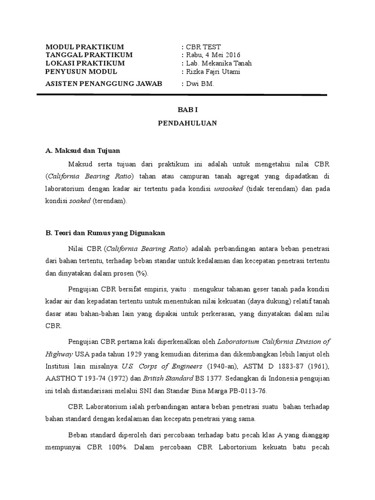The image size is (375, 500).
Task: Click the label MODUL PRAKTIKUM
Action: pos(84,47)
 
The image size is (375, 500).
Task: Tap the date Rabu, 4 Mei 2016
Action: pos(213,55)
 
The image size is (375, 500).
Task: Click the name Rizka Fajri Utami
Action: pos(213,71)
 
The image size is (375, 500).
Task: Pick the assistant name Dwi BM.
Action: pos(201,83)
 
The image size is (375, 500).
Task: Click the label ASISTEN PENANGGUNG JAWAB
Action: pos(104,83)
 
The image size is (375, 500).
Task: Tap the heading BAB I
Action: pos(187,111)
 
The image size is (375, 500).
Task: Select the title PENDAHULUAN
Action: pos(187,124)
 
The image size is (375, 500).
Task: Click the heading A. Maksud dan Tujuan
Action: pos(83,150)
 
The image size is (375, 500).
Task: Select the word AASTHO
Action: pos(59,378)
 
